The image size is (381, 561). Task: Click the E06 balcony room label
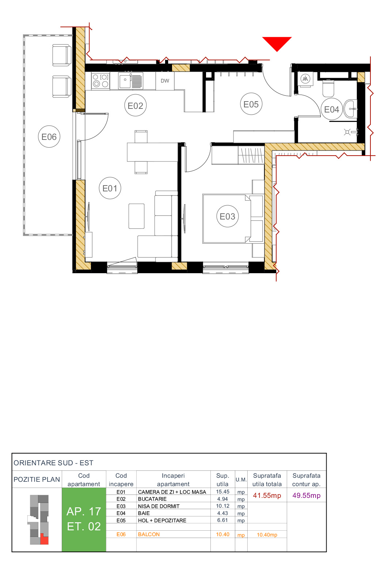tap(49, 137)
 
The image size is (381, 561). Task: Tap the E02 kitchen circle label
tap(135, 106)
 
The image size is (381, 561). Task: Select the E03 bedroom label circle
tap(227, 216)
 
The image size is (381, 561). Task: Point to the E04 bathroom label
tap(331, 109)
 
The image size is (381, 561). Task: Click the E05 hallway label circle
tap(251, 104)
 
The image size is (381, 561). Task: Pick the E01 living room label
tap(110, 188)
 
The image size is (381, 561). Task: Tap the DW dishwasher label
tap(165, 81)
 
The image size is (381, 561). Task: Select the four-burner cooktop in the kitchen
tap(100, 81)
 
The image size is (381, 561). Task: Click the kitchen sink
tap(125, 81)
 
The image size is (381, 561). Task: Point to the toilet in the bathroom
tap(328, 88)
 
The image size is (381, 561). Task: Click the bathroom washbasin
tap(351, 109)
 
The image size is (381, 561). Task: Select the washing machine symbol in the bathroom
tap(305, 79)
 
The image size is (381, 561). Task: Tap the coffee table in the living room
tap(136, 216)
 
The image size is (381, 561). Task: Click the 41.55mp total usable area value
tap(267, 496)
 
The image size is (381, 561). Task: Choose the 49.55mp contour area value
tap(306, 496)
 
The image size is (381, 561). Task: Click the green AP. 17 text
tap(84, 511)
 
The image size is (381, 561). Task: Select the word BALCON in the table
tap(149, 534)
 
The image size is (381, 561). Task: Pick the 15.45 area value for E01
tap(222, 492)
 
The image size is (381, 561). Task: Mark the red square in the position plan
tap(44, 539)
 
